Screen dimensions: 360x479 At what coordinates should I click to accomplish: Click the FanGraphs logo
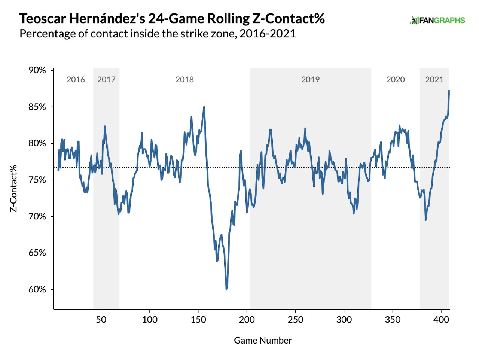click(x=437, y=20)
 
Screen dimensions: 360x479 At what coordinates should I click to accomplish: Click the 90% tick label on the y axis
click(x=37, y=70)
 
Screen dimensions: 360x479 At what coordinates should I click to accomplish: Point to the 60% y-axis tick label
click(x=37, y=289)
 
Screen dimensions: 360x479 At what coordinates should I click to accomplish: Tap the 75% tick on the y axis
click(x=37, y=180)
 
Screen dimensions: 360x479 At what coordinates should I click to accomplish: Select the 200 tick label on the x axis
click(x=247, y=320)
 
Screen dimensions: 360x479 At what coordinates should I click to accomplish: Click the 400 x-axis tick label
click(x=441, y=320)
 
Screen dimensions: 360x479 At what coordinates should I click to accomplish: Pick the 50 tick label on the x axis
click(x=101, y=320)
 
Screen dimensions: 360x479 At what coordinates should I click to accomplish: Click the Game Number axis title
click(x=263, y=340)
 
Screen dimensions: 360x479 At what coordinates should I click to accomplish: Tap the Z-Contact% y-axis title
click(x=13, y=188)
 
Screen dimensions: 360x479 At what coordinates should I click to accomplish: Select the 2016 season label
click(x=76, y=79)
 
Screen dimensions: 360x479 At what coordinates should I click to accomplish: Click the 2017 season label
click(x=106, y=79)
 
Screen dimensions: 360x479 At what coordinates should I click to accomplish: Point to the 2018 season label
click(x=184, y=79)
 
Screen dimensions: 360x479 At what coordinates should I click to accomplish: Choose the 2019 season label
click(x=310, y=79)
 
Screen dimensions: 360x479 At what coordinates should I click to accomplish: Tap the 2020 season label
click(x=396, y=79)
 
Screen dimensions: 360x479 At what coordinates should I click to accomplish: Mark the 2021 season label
click(x=434, y=79)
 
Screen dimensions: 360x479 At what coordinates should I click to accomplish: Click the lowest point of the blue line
click(x=226, y=289)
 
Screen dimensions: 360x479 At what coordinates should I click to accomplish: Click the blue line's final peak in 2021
click(x=449, y=91)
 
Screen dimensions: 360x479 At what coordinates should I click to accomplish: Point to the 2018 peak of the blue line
click(x=204, y=107)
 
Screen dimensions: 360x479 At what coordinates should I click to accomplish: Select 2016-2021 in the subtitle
click(x=268, y=34)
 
